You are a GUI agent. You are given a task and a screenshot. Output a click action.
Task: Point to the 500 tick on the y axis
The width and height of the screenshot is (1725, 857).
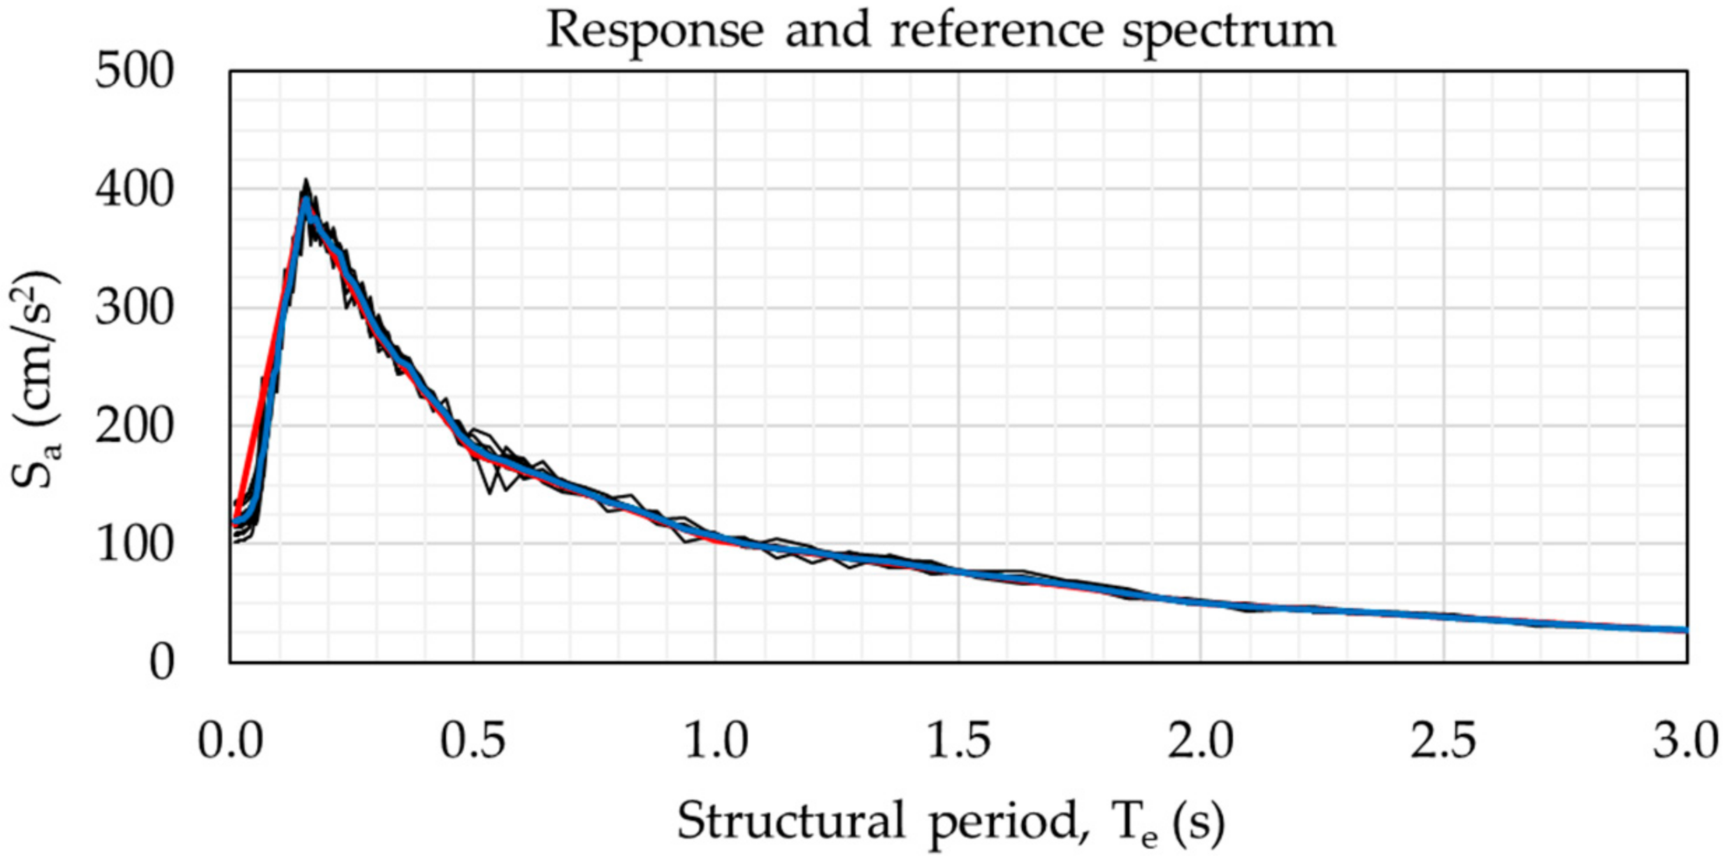coord(133,72)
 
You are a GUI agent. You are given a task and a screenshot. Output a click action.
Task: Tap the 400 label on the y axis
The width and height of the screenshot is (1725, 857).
coord(133,190)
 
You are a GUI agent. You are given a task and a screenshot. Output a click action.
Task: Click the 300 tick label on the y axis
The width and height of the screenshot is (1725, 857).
coord(133,308)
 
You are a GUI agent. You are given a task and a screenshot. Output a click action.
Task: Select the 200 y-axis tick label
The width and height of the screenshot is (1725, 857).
coord(133,426)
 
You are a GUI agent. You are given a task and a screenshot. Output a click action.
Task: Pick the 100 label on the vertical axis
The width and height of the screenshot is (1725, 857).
coord(133,545)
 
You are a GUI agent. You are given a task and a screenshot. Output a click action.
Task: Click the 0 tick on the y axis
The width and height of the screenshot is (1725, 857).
coord(161,662)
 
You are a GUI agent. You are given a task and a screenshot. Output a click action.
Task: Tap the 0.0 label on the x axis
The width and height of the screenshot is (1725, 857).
coord(231,742)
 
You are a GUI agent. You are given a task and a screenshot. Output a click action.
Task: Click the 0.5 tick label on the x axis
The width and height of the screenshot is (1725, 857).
coord(473,742)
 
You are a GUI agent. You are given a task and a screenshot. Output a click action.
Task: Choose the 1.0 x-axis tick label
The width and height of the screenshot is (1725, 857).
coord(716,742)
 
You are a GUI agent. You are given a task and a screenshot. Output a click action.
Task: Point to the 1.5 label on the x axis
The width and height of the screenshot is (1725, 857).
coord(958,742)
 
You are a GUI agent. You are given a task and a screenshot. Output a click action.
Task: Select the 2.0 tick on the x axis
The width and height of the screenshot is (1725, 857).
coord(1201,742)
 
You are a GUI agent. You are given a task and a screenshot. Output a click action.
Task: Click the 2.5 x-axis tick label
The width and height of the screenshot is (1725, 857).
coord(1443,742)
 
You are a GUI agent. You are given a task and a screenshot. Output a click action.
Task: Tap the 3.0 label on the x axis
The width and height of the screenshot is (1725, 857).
coord(1684,742)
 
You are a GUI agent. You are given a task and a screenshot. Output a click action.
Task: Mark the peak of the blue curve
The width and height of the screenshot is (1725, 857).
coord(306,201)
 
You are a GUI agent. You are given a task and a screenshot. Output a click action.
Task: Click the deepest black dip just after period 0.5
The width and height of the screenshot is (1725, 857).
coord(489,492)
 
